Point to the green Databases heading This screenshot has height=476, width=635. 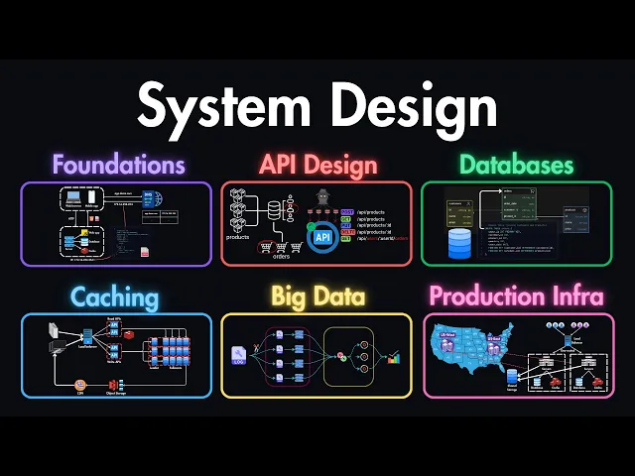point(517,163)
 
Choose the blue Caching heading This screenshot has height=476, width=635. point(115,296)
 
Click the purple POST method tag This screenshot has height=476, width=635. point(347,212)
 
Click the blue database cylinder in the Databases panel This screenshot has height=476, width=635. point(459,243)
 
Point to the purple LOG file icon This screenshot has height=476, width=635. point(239,356)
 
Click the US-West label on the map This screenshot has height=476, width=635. point(445,336)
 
